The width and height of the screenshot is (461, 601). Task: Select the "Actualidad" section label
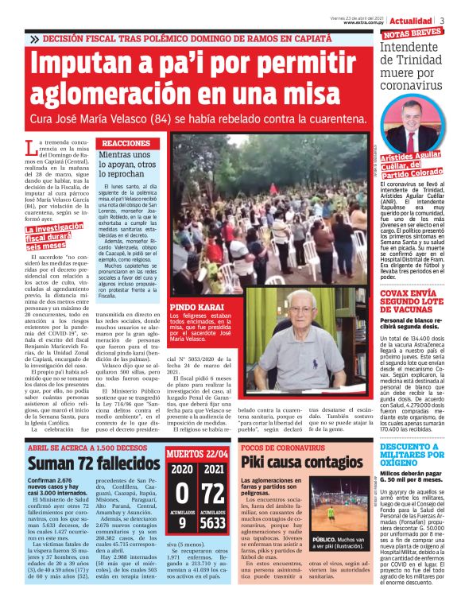(412, 20)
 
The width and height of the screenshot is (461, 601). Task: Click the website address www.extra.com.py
(361, 23)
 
